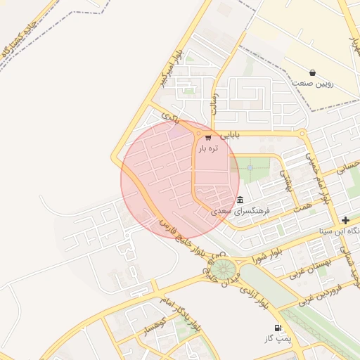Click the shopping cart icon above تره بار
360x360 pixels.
pyautogui.click(x=207, y=138)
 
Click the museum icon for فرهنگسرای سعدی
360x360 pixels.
pyautogui.click(x=240, y=200)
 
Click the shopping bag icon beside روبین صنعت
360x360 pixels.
pyautogui.click(x=312, y=72)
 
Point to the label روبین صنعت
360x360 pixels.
pyautogui.click(x=313, y=84)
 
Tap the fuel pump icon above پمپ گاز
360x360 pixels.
pyautogui.click(x=278, y=328)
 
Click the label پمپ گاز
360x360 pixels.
pyautogui.click(x=278, y=339)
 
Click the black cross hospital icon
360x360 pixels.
pyautogui.click(x=345, y=220)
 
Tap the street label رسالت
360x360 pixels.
pyautogui.click(x=214, y=103)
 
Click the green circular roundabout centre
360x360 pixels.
pyautogui.click(x=223, y=269)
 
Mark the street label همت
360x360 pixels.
pyautogui.click(x=303, y=204)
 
